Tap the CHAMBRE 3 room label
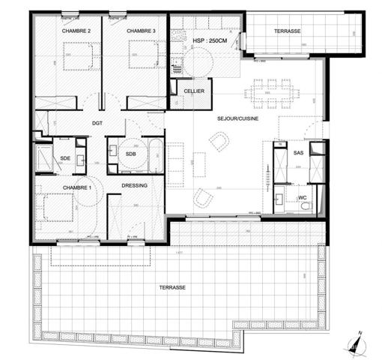pyautogui.click(x=141, y=31)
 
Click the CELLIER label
pyautogui.click(x=195, y=91)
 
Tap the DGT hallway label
pyautogui.click(x=97, y=124)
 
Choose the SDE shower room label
pyautogui.click(x=66, y=158)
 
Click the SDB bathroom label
pyautogui.click(x=131, y=154)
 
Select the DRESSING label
pyautogui.click(x=134, y=184)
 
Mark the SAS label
pyautogui.click(x=298, y=153)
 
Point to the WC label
pyautogui.click(x=303, y=197)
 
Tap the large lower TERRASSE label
pyautogui.click(x=172, y=288)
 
